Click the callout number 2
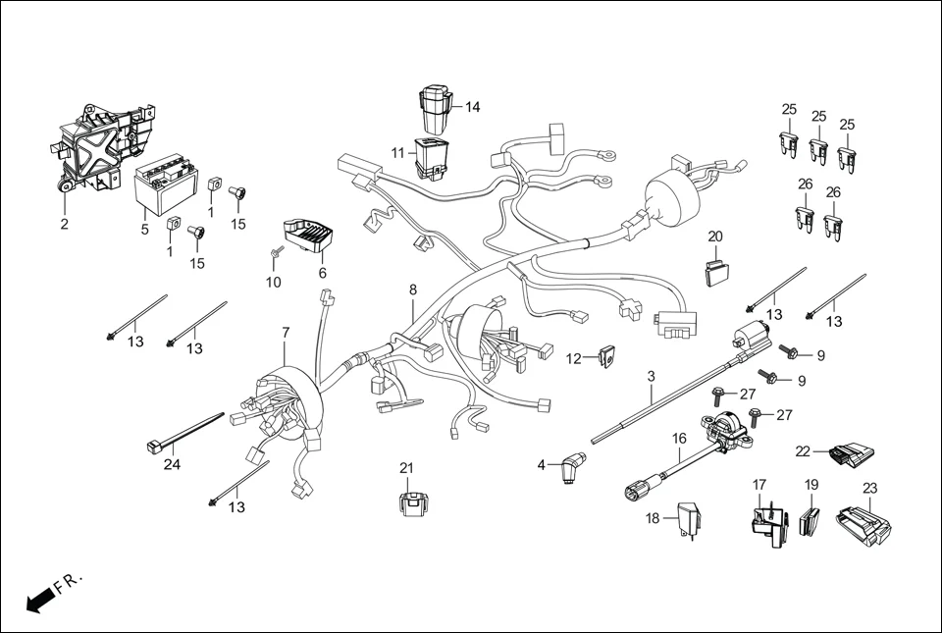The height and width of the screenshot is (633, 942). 64,224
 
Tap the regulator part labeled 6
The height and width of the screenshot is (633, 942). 307,237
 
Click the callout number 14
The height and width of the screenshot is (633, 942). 473,107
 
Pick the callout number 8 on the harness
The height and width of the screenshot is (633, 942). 413,290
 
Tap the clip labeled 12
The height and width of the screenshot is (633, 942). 605,356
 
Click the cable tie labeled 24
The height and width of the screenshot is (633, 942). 186,436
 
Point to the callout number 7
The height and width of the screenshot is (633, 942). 286,333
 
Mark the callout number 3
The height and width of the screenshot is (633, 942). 651,376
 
